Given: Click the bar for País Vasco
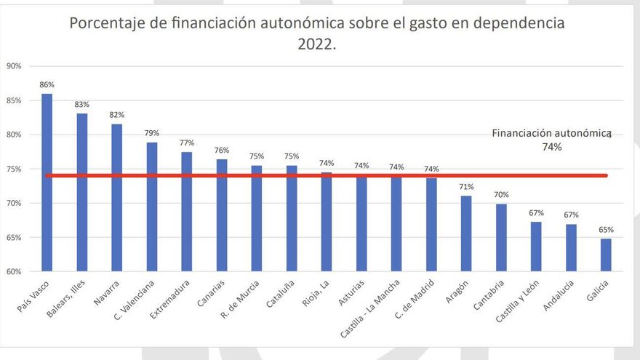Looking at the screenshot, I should (x=47, y=182).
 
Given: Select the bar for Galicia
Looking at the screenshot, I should (x=606, y=255).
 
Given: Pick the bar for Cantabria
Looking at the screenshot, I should (x=501, y=237).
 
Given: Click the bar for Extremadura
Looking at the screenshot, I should (x=187, y=211).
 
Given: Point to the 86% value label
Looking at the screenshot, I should (x=47, y=85).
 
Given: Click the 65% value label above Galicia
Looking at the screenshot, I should (x=606, y=229).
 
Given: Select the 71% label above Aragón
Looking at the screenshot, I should (x=466, y=187).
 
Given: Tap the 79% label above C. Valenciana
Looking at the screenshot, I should (x=152, y=133).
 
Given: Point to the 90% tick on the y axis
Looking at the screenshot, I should (x=13, y=66).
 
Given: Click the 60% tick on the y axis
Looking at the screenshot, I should (x=13, y=272).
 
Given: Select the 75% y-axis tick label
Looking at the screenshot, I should (x=13, y=169).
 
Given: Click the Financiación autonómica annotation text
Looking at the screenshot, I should (x=551, y=134).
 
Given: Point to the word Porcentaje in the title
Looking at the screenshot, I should (x=106, y=23).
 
